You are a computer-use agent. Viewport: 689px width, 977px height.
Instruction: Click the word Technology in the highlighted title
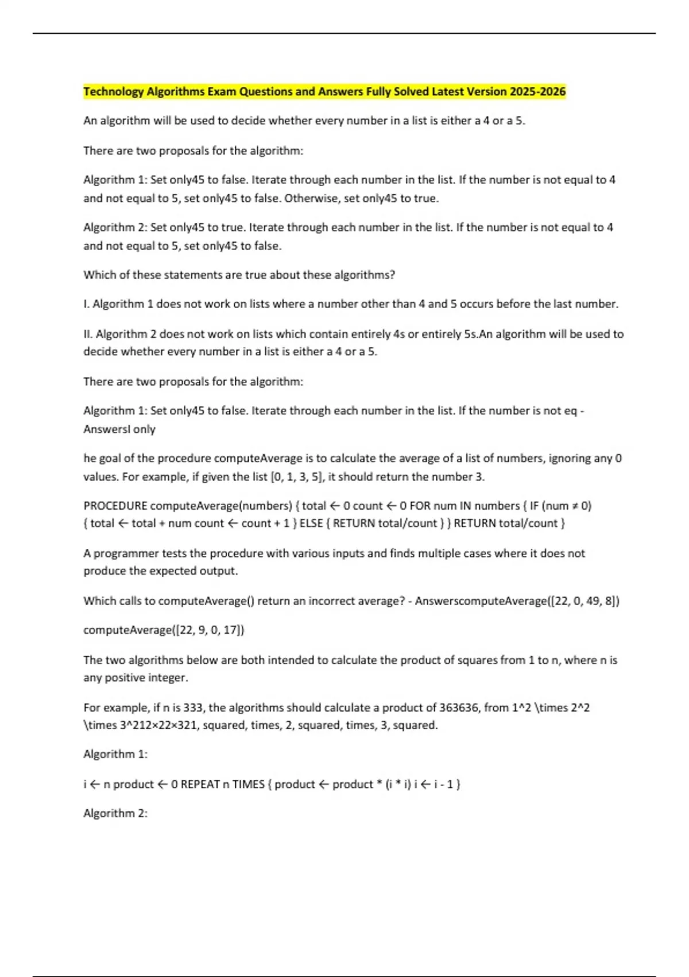(x=114, y=91)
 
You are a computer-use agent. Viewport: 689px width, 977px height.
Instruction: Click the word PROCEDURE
(x=115, y=506)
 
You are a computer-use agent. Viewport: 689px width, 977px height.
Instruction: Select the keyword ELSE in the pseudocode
(x=311, y=523)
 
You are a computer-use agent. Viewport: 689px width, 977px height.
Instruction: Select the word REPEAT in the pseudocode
(x=200, y=784)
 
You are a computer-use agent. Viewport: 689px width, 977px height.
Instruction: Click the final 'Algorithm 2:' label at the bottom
(x=115, y=813)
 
